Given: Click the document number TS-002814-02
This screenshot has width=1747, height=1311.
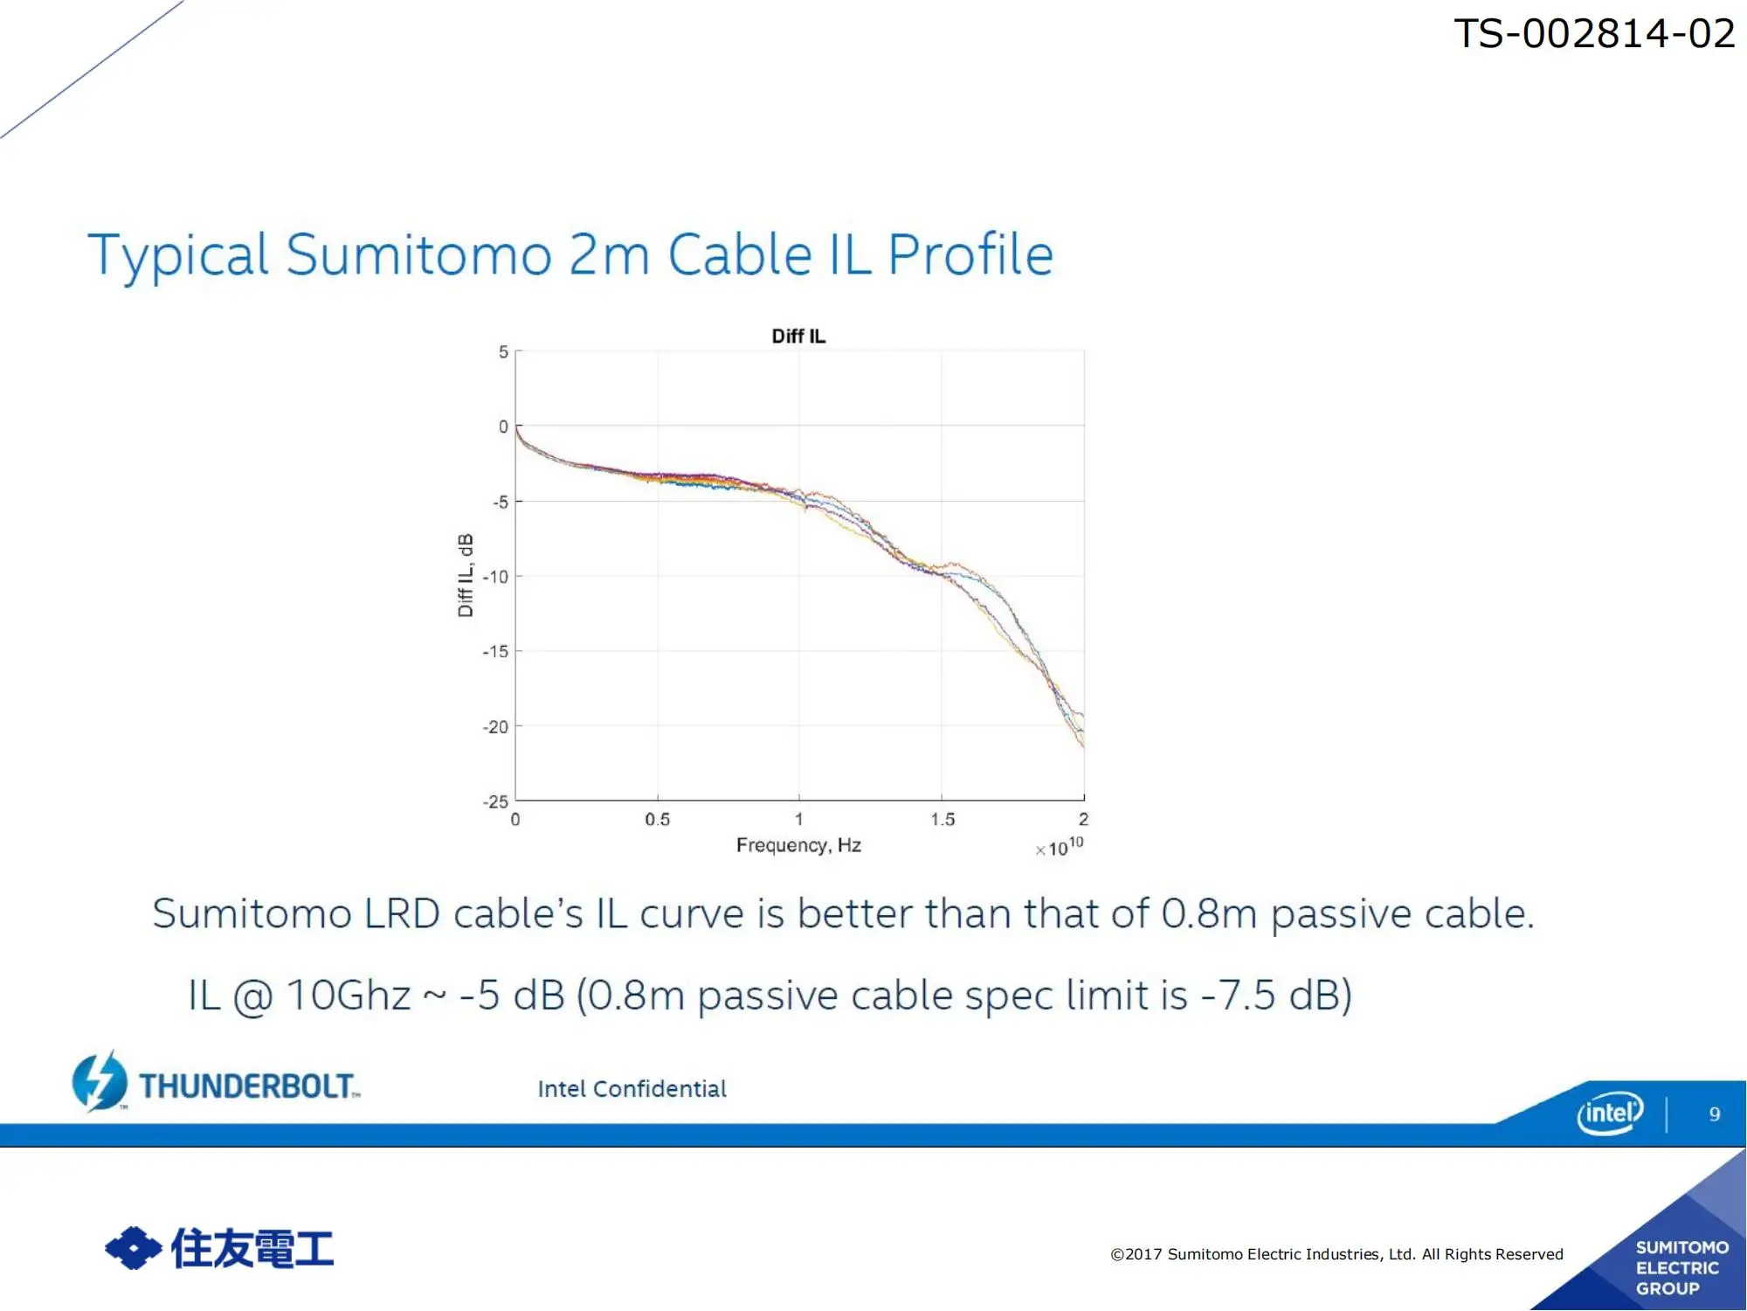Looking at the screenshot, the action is pos(1594,34).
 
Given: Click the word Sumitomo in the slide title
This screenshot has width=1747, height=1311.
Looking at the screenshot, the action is pos(419,255).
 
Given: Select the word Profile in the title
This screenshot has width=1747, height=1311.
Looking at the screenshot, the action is pos(970,255).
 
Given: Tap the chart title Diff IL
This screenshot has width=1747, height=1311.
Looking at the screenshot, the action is pos(798,336).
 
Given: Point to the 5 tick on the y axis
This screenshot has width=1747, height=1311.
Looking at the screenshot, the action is pos(503,352).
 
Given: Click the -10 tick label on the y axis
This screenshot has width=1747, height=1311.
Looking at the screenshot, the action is pos(495,577).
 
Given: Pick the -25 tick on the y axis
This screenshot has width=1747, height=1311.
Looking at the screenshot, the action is pos(495,801).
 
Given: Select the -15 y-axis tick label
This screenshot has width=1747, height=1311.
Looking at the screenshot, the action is pos(495,652).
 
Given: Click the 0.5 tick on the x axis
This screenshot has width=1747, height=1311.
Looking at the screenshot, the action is pos(658,820).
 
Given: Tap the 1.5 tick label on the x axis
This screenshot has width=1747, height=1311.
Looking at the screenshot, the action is pos(943,820).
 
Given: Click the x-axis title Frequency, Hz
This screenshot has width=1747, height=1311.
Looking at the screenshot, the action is pos(798,845).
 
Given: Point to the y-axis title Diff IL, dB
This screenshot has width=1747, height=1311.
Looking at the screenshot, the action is pos(466,575).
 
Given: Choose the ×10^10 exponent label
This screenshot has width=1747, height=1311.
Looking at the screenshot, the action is pos(1060,847).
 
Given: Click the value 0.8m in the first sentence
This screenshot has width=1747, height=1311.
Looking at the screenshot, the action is pos(1209,914).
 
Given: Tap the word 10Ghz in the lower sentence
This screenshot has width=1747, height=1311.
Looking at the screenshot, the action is pos(349,995).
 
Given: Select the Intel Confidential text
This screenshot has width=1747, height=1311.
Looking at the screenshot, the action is pos(632,1089).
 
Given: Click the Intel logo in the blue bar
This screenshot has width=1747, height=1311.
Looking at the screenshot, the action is pos(1610,1113).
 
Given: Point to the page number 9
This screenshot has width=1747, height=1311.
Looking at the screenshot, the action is pos(1715,1114).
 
